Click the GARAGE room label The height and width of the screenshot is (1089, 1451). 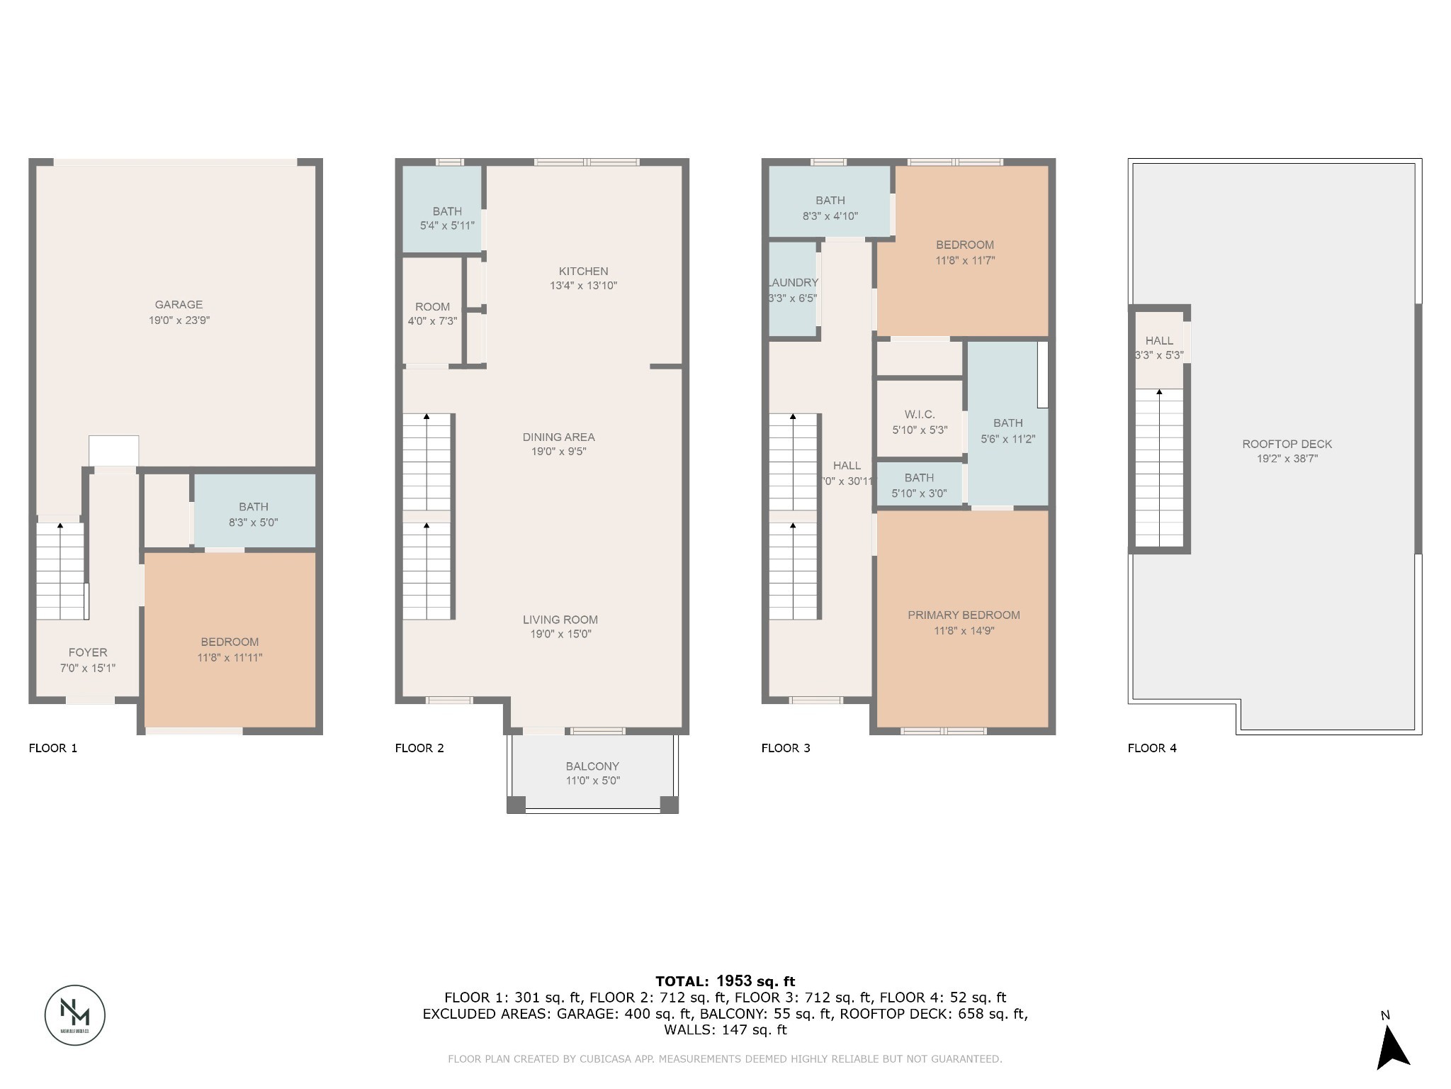179,305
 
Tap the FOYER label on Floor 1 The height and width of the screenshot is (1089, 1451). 88,652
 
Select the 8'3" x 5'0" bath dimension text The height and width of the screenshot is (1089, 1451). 253,523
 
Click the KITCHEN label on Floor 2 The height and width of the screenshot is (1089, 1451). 583,271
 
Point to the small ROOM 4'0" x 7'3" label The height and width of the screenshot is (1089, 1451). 432,313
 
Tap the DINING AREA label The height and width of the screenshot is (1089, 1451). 558,437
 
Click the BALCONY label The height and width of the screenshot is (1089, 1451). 592,766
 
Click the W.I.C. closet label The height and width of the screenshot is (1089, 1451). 919,414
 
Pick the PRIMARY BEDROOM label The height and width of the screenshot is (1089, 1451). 964,615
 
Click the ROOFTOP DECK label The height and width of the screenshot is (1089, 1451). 1287,444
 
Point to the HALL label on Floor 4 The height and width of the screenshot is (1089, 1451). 1159,340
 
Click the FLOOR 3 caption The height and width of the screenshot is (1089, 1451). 785,748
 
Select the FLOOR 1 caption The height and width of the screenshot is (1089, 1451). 52,748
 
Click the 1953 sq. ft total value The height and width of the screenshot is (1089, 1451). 755,981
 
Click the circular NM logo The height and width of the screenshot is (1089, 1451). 75,1015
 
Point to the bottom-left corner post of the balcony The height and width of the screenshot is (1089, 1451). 516,804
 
